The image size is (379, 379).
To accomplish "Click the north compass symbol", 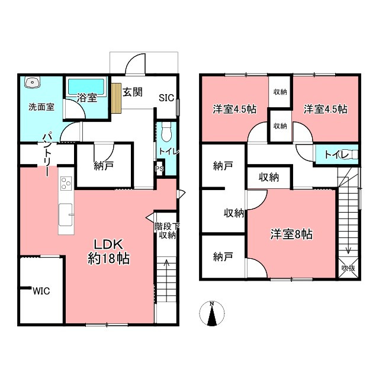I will [x=211, y=314].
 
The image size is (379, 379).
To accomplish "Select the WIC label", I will [x=41, y=291].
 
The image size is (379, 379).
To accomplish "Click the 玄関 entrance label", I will [x=132, y=92].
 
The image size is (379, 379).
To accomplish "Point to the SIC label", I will [x=166, y=98].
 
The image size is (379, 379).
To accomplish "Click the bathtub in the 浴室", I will [x=86, y=86].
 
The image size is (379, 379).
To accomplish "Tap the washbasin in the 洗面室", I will [x=32, y=83].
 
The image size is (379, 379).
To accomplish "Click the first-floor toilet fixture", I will [x=166, y=129].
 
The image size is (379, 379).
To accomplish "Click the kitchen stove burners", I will [x=65, y=183].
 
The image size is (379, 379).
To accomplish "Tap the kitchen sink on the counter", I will [x=65, y=210].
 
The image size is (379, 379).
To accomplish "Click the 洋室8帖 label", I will [x=291, y=234].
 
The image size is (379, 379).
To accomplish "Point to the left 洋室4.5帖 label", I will [x=235, y=109].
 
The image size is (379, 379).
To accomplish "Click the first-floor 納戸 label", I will [x=104, y=167].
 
